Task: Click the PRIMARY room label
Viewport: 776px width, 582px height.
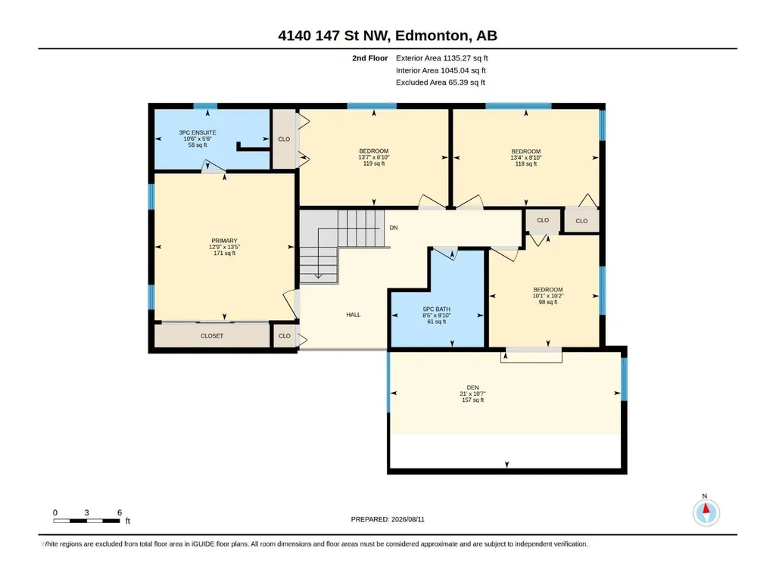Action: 224,241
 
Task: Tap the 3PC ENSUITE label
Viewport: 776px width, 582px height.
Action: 198,132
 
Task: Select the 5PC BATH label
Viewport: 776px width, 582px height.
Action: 437,310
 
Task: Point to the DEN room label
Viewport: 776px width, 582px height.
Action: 472,387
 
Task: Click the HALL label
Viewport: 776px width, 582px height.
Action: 354,315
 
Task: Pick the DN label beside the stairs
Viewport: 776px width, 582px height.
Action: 394,228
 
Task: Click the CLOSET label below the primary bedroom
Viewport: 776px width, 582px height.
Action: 212,335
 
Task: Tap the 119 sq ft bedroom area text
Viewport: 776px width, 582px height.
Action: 374,163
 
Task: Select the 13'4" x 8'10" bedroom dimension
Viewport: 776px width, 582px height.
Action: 526,157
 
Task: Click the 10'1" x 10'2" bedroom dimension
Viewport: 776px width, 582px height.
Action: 548,296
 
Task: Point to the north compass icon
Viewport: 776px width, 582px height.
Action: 706,512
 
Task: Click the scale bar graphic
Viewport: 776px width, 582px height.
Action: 86,521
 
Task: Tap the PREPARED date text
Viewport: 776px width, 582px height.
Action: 388,519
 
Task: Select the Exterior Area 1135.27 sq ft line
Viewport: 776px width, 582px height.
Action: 442,58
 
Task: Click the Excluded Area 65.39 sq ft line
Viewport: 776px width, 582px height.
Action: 441,82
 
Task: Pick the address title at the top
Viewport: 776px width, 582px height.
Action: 388,36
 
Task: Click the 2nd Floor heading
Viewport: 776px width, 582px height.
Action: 369,58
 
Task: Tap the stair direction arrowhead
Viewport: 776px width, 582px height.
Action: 318,275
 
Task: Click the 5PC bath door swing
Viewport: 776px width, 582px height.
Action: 445,254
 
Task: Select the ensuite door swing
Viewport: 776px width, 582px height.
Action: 213,167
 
